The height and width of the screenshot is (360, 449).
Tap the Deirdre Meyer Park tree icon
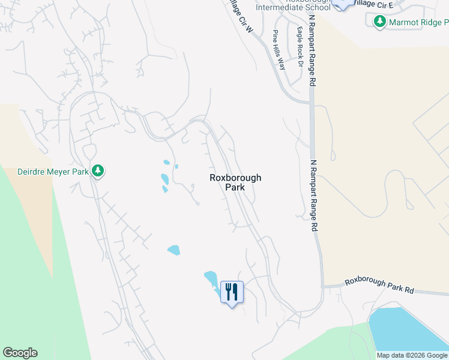click(98, 171)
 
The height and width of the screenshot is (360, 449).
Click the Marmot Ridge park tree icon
click(379, 22)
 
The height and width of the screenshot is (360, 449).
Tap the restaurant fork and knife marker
click(232, 292)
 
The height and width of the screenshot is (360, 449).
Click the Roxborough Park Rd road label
click(379, 286)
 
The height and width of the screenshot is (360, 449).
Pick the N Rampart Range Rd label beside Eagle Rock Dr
click(312, 51)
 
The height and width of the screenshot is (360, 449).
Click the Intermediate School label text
click(293, 7)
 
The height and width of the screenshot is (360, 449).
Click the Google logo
click(20, 353)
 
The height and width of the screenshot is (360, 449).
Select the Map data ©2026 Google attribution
click(412, 355)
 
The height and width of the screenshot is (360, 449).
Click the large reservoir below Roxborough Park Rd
click(408, 330)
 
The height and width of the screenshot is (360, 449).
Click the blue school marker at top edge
click(342, 3)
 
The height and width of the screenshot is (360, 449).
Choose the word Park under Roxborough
click(235, 187)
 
